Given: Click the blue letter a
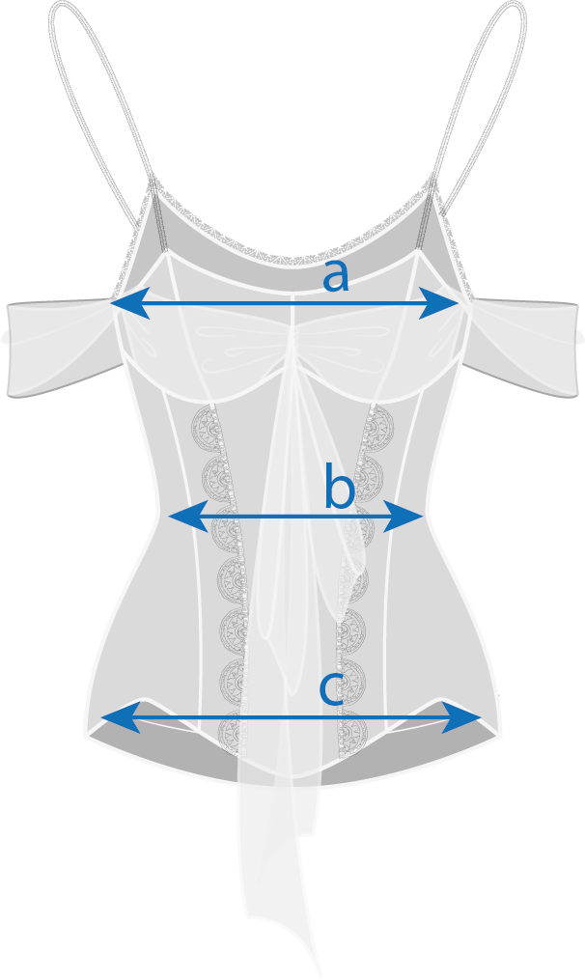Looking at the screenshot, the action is [335, 276].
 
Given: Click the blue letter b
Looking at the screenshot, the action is [339, 490].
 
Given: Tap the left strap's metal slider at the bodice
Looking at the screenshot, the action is [153, 207].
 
